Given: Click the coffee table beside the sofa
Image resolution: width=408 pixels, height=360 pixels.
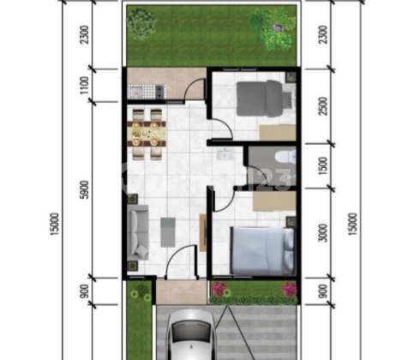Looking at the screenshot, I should click(x=168, y=230).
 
